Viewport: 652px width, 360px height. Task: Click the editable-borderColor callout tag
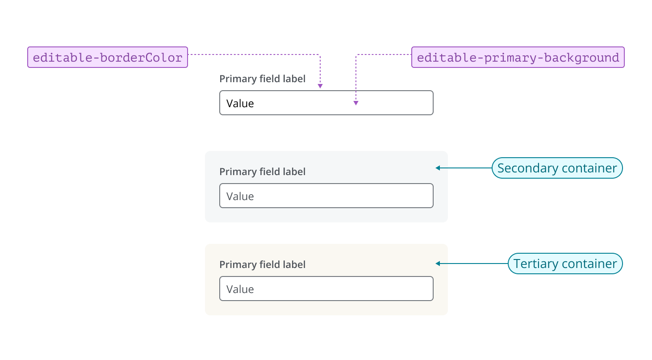(x=108, y=57)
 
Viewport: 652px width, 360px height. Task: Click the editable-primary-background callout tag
(x=518, y=57)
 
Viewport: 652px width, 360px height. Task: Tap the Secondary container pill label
(x=557, y=168)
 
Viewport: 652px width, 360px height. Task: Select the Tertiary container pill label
(x=565, y=264)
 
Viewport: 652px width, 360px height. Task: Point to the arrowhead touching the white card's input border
(x=320, y=86)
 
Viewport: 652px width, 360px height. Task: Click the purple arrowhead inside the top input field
(x=356, y=103)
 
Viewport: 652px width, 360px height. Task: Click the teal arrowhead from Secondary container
(x=438, y=168)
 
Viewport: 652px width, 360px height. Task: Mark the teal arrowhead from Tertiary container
(x=438, y=264)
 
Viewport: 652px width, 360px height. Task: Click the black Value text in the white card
(x=240, y=104)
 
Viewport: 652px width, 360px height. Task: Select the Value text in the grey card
(x=240, y=197)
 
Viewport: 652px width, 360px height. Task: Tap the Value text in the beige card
(x=240, y=289)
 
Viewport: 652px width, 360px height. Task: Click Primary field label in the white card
(x=262, y=79)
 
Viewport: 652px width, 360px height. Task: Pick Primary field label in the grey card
(x=262, y=172)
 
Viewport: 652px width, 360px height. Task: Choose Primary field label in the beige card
(x=262, y=265)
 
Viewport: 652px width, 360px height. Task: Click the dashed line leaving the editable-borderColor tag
(x=250, y=54)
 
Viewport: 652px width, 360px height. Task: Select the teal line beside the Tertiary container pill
(x=473, y=264)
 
